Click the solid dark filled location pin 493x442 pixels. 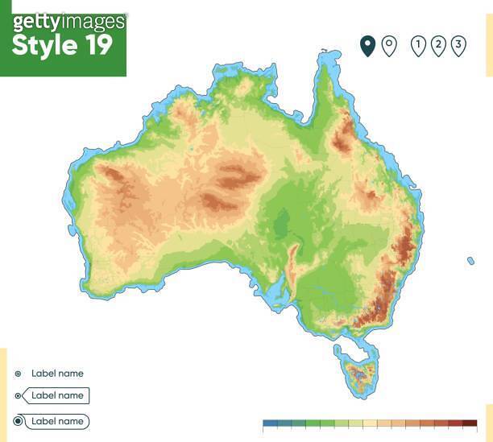(367, 45)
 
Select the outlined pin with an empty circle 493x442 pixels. (388, 45)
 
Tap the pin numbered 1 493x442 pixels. (418, 46)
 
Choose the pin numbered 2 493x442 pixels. (438, 45)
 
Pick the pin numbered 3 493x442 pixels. (458, 45)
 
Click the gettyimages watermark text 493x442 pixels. (68, 21)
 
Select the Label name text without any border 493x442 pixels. (57, 374)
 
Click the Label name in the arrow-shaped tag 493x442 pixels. (57, 395)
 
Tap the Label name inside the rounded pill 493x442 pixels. (57, 421)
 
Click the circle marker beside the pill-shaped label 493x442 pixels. (19, 421)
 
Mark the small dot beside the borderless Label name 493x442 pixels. (19, 374)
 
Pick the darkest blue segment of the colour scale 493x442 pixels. (270, 423)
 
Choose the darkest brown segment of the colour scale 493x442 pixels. (470, 423)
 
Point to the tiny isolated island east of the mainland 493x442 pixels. (470, 260)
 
